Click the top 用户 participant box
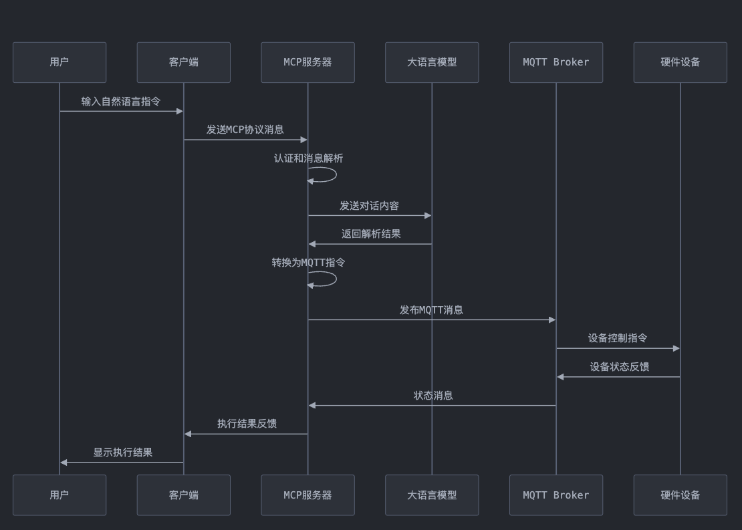click(x=59, y=62)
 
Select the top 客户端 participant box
click(x=184, y=62)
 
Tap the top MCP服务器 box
click(x=307, y=62)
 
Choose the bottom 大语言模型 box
click(x=432, y=495)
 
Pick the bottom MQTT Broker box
click(x=556, y=495)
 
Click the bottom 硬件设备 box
click(x=681, y=495)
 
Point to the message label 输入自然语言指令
click(x=121, y=102)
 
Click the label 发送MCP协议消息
click(x=245, y=130)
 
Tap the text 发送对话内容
click(x=370, y=206)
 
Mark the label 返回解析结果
click(x=371, y=234)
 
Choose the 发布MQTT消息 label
click(x=431, y=310)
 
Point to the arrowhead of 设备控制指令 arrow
click(x=676, y=348)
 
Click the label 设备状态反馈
click(x=619, y=367)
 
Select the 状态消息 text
click(x=433, y=396)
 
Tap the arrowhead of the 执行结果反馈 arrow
click(x=189, y=434)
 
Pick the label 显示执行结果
click(x=123, y=452)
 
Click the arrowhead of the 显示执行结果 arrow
click(x=64, y=462)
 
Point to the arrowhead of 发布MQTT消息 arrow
click(x=551, y=320)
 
